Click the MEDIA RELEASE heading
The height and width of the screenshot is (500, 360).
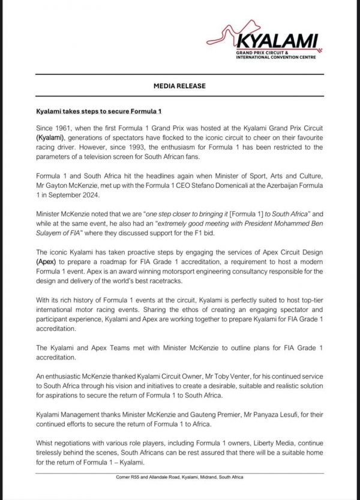point(180,86)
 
